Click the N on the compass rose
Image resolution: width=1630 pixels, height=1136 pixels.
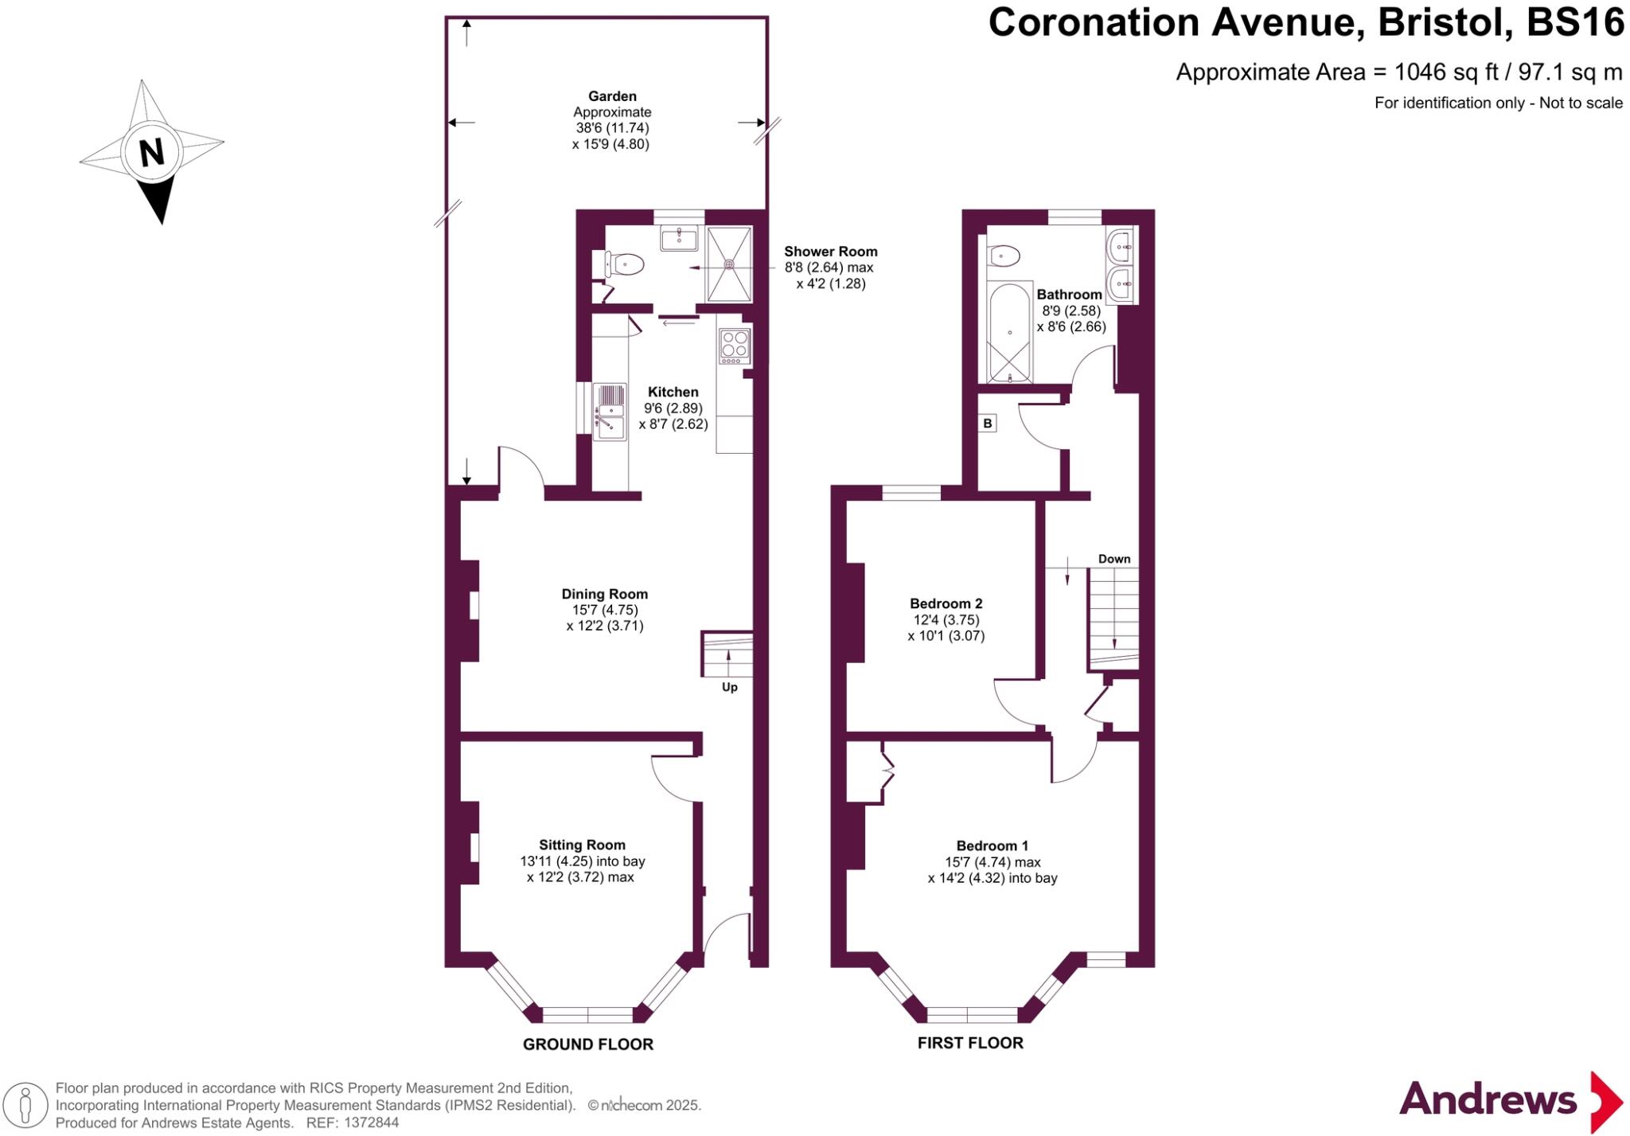(x=151, y=151)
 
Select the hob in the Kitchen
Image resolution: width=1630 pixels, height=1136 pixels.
(x=734, y=346)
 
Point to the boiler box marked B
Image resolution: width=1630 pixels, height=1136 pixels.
(x=988, y=424)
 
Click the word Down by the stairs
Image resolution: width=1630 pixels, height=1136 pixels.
(x=1114, y=559)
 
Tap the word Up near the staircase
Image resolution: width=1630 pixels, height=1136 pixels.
(x=730, y=687)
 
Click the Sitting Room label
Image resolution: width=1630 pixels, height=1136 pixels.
(x=582, y=845)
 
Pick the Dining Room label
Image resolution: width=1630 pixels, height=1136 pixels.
(x=605, y=594)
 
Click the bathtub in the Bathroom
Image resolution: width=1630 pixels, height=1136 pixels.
(x=1010, y=332)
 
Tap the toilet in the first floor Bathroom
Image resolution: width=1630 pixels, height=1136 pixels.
(x=1004, y=256)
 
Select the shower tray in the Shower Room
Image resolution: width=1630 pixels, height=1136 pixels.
(x=729, y=264)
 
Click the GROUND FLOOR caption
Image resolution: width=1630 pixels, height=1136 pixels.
(x=588, y=1044)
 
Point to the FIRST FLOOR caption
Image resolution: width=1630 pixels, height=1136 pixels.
(x=970, y=1043)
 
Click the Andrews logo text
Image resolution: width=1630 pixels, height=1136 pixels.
(x=1488, y=1099)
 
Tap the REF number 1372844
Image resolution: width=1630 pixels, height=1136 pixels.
(x=371, y=1122)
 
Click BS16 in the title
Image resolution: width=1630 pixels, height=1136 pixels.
(x=1575, y=22)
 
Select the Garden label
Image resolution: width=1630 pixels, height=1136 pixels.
(x=612, y=96)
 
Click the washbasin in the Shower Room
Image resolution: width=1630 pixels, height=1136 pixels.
(x=679, y=237)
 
